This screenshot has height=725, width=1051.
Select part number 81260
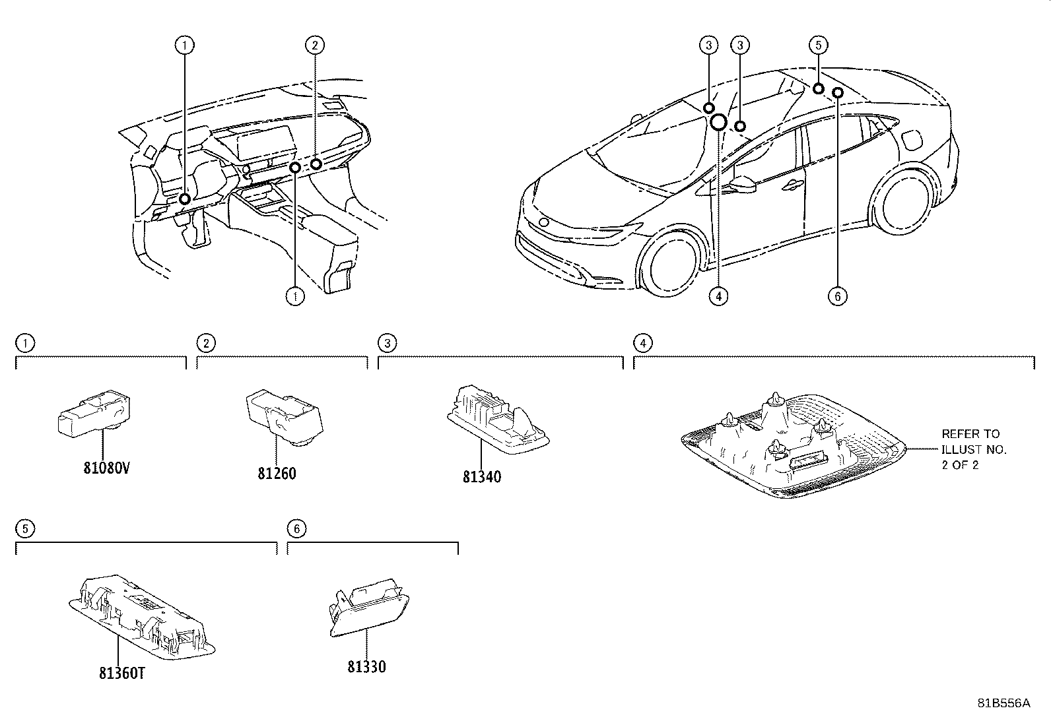click(x=277, y=473)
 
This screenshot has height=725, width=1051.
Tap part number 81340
click(x=481, y=476)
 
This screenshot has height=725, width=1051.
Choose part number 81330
click(x=366, y=666)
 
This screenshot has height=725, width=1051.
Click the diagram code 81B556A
click(x=1003, y=703)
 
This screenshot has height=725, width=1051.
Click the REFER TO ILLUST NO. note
click(x=973, y=449)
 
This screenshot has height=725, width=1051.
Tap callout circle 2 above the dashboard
click(x=315, y=45)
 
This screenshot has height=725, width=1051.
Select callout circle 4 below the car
click(x=718, y=296)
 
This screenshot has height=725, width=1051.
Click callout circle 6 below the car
click(x=837, y=296)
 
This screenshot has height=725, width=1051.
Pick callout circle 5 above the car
click(x=818, y=45)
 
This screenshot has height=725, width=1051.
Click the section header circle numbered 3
click(x=386, y=342)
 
